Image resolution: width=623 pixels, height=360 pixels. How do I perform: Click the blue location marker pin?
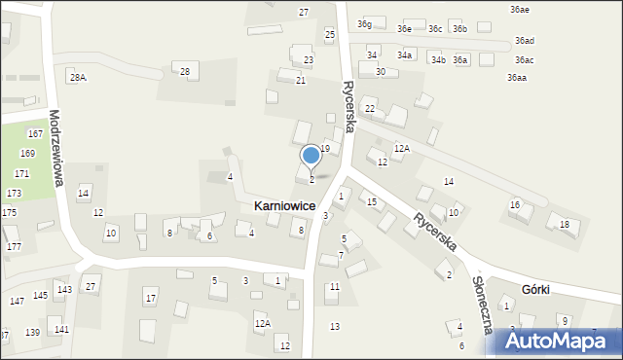pyautogui.click(x=311, y=156)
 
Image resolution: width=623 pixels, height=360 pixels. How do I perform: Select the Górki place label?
pyautogui.click(x=535, y=289)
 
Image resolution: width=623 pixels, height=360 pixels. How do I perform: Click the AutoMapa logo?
pyautogui.click(x=558, y=340)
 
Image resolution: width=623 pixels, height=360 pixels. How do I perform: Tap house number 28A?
pyautogui.click(x=77, y=77)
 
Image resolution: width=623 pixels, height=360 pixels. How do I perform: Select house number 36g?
pyautogui.click(x=364, y=23)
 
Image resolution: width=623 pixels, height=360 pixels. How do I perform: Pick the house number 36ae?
pyautogui.click(x=519, y=9)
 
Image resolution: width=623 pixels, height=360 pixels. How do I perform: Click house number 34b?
pyautogui.click(x=438, y=60)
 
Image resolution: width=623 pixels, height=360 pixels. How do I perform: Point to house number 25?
pyautogui.click(x=330, y=35)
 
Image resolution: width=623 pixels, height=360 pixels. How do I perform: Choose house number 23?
pyautogui.click(x=308, y=60)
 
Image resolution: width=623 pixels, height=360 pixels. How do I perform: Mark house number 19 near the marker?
pyautogui.click(x=325, y=148)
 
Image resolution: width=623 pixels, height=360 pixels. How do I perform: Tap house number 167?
pyautogui.click(x=35, y=133)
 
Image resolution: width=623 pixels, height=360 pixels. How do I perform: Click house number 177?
pyautogui.click(x=14, y=247)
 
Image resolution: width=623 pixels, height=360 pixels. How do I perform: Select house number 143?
pyautogui.click(x=64, y=290)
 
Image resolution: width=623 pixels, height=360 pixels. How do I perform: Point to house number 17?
pyautogui.click(x=150, y=298)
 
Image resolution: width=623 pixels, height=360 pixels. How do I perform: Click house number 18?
pyautogui.click(x=564, y=225)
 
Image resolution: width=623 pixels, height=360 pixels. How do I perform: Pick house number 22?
pyautogui.click(x=370, y=108)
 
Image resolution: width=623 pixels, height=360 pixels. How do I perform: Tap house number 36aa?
pyautogui.click(x=516, y=78)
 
